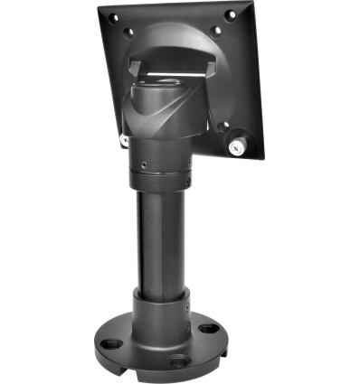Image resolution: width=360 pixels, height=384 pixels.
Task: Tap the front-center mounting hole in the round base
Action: click(x=177, y=359)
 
